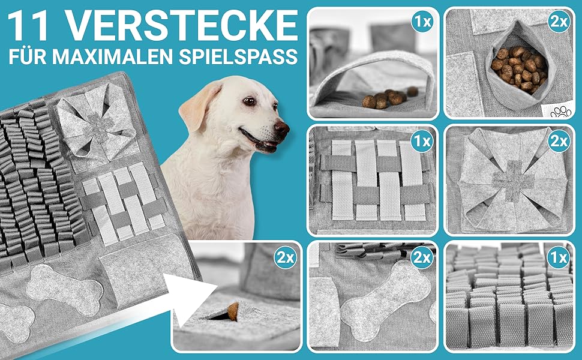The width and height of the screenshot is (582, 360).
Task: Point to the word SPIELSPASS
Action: pyautogui.click(x=238, y=57)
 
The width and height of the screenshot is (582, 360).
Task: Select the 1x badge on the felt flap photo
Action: pyautogui.click(x=422, y=22)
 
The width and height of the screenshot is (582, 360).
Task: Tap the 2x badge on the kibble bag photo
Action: pyautogui.click(x=559, y=22)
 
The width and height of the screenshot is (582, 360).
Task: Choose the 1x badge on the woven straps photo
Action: pyautogui.click(x=422, y=140)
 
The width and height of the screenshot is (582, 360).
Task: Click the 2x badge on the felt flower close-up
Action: pyautogui.click(x=559, y=140)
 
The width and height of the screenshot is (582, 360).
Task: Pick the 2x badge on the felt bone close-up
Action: pyautogui.click(x=422, y=257)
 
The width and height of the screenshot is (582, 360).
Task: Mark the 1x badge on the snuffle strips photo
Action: pyautogui.click(x=559, y=257)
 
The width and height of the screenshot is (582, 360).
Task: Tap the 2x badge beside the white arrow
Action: pyautogui.click(x=286, y=257)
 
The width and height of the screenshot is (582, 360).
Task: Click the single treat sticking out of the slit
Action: pyautogui.click(x=233, y=311)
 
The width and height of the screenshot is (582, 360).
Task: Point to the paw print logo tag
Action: pyautogui.click(x=560, y=111)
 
